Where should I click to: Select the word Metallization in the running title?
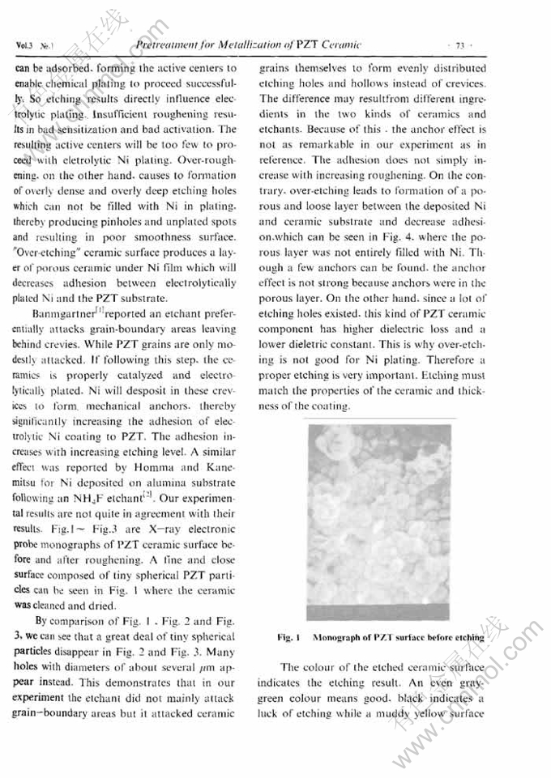(230, 44)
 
